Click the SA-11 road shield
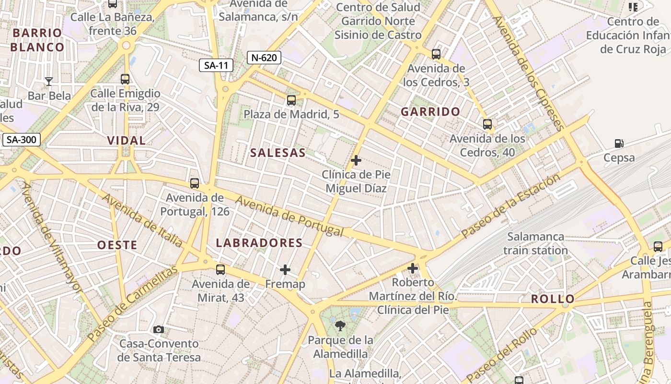pos(216,65)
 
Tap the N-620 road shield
pos(264,58)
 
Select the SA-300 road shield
pos(22,140)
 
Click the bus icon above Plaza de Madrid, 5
pos(291,100)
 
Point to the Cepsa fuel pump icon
pos(619,143)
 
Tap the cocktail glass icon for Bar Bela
pos(48,81)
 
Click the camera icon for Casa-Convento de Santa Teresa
pos(159,329)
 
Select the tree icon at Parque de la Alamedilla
pos(340,326)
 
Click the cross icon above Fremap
pos(285,270)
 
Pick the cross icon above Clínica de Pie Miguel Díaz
pos(356,160)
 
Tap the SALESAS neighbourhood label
pos(278,153)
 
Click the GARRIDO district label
pos(430,112)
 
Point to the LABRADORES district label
pos(259,243)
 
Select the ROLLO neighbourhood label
pos(552,299)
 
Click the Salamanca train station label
pos(535,243)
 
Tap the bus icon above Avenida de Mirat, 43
pos(220,270)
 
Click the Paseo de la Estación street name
pos(510,206)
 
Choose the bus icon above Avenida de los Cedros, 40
pos(487,124)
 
